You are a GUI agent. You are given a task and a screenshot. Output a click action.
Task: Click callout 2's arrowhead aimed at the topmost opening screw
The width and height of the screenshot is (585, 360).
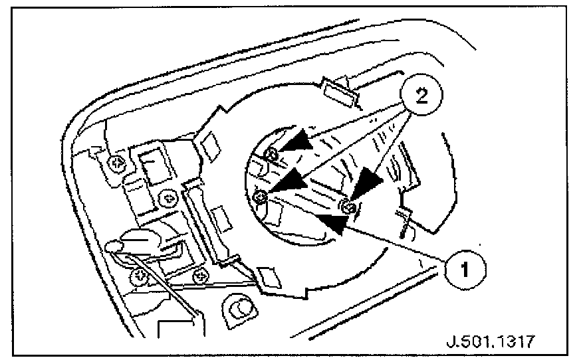point(291,145)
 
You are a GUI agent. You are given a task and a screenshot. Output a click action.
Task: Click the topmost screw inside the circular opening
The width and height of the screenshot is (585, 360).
point(272,155)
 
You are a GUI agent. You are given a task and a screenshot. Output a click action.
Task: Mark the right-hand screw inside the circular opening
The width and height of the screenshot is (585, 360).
point(349,208)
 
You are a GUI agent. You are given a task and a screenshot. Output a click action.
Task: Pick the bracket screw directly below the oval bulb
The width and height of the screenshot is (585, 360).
point(140,274)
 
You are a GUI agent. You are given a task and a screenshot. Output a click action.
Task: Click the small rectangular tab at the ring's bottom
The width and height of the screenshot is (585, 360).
point(269,277)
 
